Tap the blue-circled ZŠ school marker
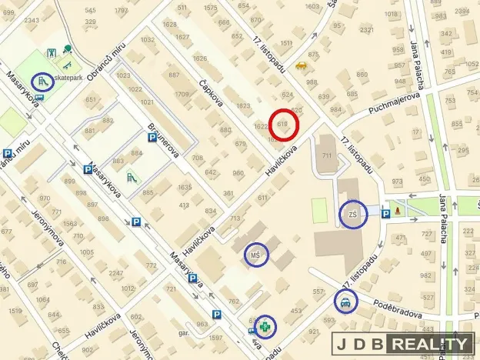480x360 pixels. (x=354, y=213)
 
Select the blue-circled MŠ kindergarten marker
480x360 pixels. (x=257, y=254)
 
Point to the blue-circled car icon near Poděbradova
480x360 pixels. (x=346, y=302)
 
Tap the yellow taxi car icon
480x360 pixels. (x=301, y=67)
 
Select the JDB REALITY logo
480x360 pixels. (x=403, y=344)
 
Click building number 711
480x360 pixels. (x=327, y=156)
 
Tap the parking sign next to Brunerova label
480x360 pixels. (x=152, y=138)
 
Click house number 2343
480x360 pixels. (x=32, y=20)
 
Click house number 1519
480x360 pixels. (x=15, y=311)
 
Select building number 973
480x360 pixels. (x=397, y=182)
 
